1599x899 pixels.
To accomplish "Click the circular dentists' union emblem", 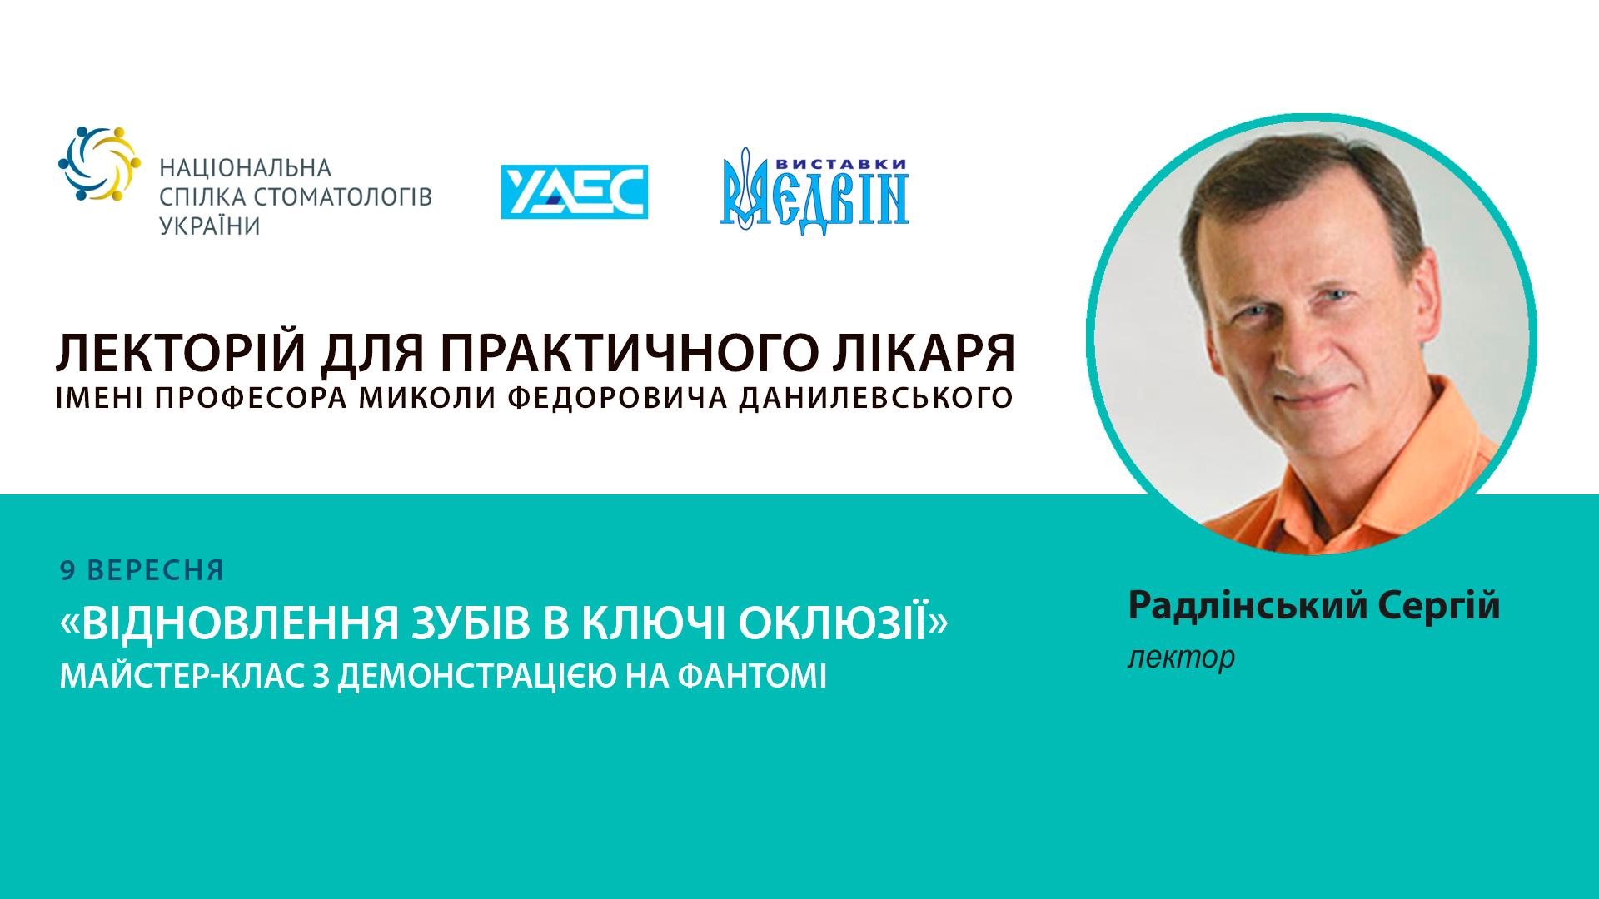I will (x=99, y=163).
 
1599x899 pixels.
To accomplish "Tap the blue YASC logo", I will (x=574, y=192).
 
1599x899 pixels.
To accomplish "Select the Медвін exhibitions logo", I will (x=814, y=194).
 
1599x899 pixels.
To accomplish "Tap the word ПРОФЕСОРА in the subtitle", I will (x=251, y=398).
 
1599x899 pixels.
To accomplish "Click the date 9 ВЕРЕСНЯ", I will (x=142, y=570).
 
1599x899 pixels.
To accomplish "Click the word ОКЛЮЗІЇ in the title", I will (x=843, y=623).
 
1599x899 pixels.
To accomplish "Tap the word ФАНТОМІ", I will (x=752, y=676).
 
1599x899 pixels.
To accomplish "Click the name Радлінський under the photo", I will (x=1248, y=605).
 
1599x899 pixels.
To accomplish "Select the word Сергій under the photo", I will (x=1438, y=605).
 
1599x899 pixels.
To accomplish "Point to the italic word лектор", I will (x=1181, y=657).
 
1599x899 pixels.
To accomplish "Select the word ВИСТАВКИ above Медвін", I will (x=841, y=164).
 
